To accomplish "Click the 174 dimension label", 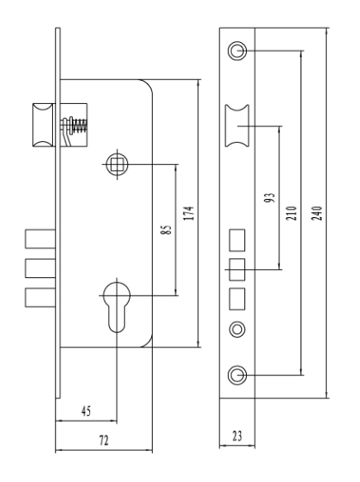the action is pyautogui.click(x=189, y=213).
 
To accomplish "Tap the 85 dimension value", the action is pyautogui.click(x=166, y=230).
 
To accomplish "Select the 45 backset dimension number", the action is pyautogui.click(x=87, y=411).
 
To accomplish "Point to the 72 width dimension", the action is pyautogui.click(x=104, y=441).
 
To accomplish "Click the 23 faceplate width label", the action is pyautogui.click(x=237, y=436).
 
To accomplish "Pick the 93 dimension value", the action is pyautogui.click(x=270, y=197).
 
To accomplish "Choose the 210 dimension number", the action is pyautogui.click(x=291, y=213).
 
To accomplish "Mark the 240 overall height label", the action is pyautogui.click(x=317, y=213).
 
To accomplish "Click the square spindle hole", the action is pyautogui.click(x=117, y=164).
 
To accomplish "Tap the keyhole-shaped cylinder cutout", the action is pyautogui.click(x=116, y=307).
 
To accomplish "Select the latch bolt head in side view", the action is pyautogui.click(x=42, y=125).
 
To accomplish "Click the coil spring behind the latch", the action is pyautogui.click(x=81, y=126).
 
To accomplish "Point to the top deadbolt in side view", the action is pyautogui.click(x=40, y=239).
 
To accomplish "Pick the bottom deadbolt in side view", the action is pyautogui.click(x=40, y=297).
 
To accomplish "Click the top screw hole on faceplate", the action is pyautogui.click(x=237, y=50).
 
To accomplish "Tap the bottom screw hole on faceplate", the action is pyautogui.click(x=237, y=375).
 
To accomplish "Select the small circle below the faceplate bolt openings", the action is pyautogui.click(x=237, y=329).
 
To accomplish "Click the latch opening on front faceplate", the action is pyautogui.click(x=237, y=125).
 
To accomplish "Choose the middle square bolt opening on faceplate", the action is pyautogui.click(x=237, y=270).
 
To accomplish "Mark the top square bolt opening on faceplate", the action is pyautogui.click(x=237, y=240).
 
